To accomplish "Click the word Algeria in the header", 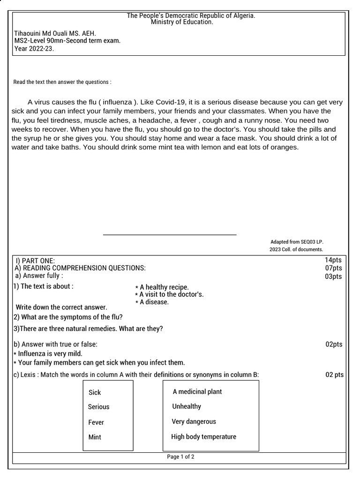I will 243,16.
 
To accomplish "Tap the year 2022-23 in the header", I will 40,48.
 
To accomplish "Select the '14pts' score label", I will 333,260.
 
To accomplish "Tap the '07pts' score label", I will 333,268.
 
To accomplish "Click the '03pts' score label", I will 333,277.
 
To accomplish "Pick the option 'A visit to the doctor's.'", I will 171,294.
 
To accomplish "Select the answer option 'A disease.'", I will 154,302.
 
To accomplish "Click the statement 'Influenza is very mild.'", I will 50,353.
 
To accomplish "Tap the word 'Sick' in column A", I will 95,392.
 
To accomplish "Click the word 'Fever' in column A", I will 96,422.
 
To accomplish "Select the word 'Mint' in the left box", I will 95,437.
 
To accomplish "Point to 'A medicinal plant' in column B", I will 197,391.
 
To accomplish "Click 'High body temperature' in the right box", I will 203,437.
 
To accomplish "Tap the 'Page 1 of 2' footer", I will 180,457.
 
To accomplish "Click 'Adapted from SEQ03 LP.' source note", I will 297,242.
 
